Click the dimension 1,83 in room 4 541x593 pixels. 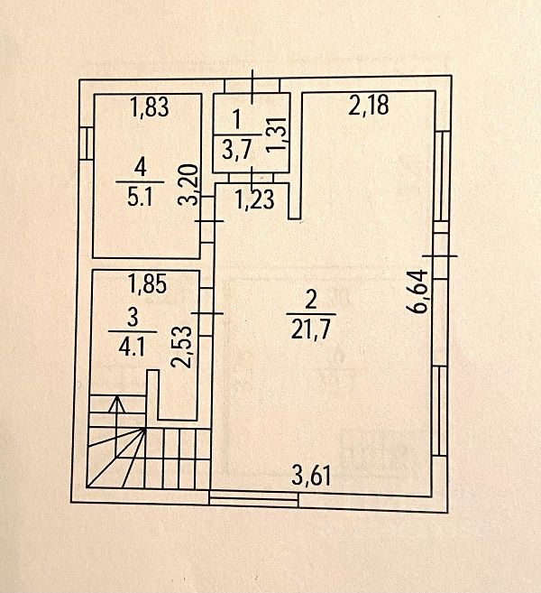(150, 109)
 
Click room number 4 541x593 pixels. (140, 166)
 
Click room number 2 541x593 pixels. (309, 300)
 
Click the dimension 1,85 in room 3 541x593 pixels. (148, 288)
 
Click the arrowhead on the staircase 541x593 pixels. (117, 403)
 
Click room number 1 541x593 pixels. (236, 118)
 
